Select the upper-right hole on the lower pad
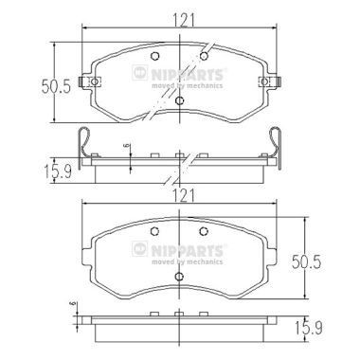pyautogui.click(x=204, y=234)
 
